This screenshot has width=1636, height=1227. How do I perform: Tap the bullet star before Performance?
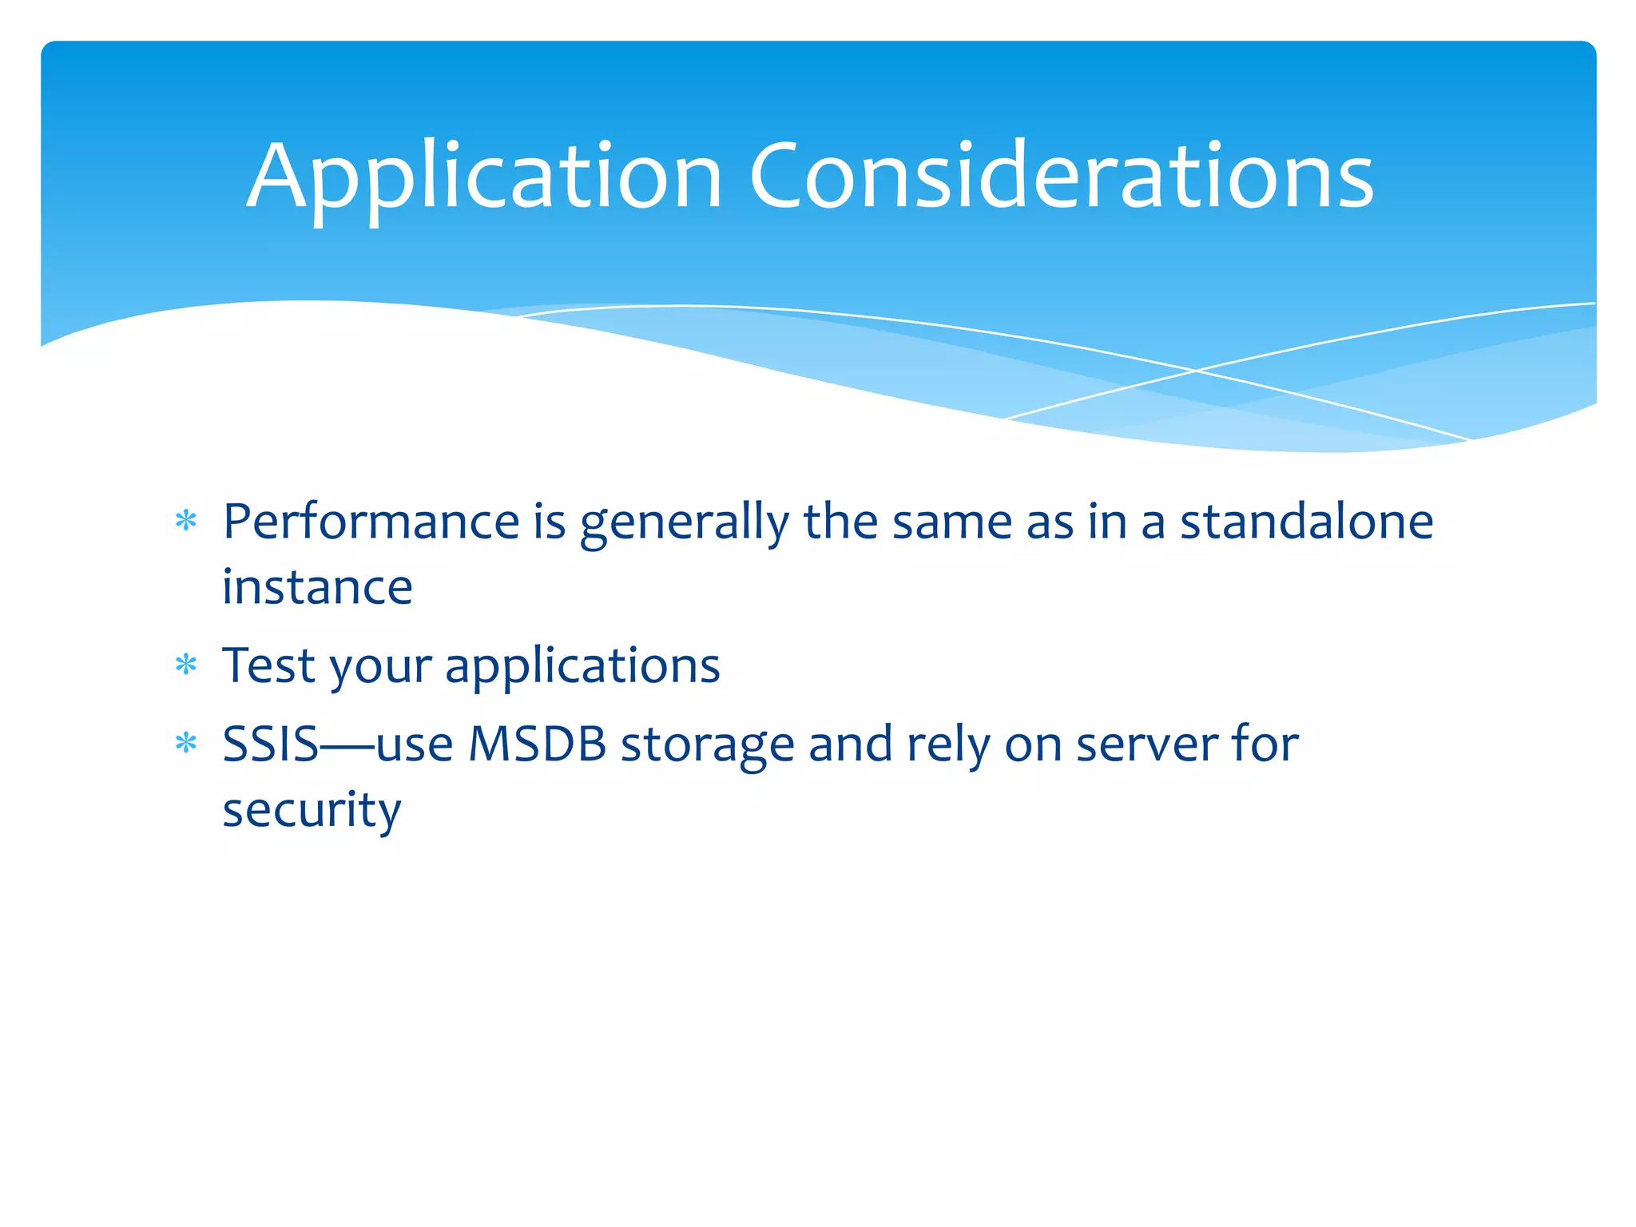(186, 522)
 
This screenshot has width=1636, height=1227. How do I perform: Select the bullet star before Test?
(186, 665)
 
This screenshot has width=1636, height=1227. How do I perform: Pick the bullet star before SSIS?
(186, 744)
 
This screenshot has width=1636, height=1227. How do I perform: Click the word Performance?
(371, 522)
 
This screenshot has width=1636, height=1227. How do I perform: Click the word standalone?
(1306, 522)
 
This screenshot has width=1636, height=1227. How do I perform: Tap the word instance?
(317, 588)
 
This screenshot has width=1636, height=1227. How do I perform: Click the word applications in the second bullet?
(582, 666)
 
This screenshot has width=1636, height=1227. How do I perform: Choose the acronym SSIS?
(270, 745)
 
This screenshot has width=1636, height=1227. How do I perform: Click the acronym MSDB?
(537, 745)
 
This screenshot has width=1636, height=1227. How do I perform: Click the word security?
(312, 812)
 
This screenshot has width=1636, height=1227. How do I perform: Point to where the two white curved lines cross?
(1196, 371)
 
